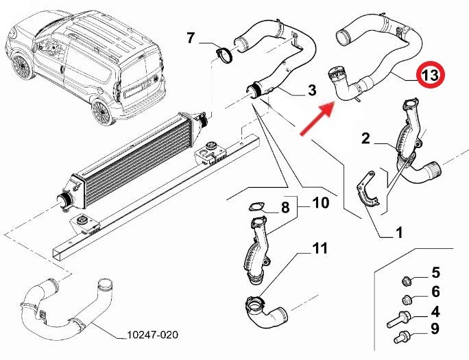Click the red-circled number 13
coord(431,75)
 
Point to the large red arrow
coord(317,119)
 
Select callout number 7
coord(191,38)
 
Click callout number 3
coord(312,90)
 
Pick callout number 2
coord(365,139)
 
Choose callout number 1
coord(398,232)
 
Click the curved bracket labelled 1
coord(368,191)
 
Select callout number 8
coord(285,207)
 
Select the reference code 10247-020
coord(152,335)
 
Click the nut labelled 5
coord(406,281)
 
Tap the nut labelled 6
coord(407,299)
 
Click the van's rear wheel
coord(102,112)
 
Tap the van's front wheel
coord(23,67)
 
